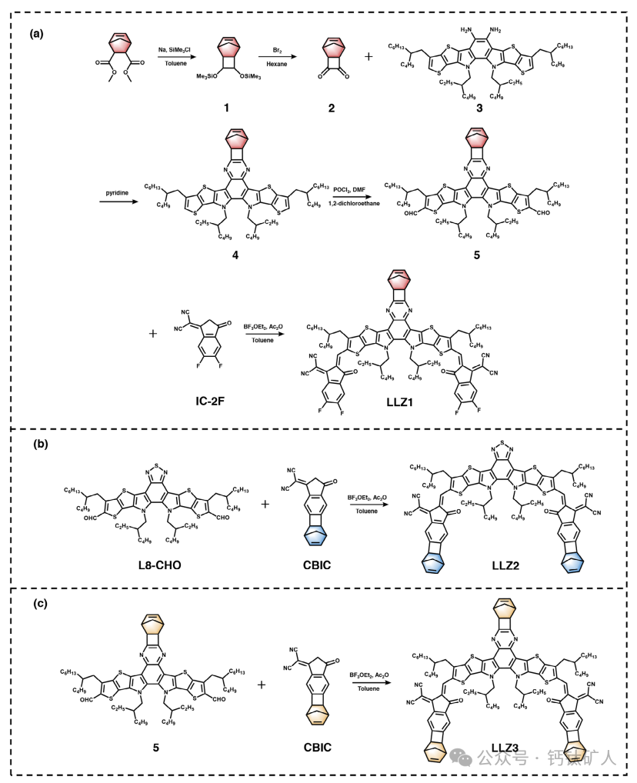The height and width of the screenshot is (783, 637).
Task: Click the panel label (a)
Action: point(36,34)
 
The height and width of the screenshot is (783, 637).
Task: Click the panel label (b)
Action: point(36,444)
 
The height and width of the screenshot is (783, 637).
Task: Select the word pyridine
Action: point(118,195)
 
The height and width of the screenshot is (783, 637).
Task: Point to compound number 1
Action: point(226,107)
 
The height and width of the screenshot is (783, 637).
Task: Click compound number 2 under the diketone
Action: point(332,107)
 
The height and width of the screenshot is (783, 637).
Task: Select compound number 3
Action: point(479,108)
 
